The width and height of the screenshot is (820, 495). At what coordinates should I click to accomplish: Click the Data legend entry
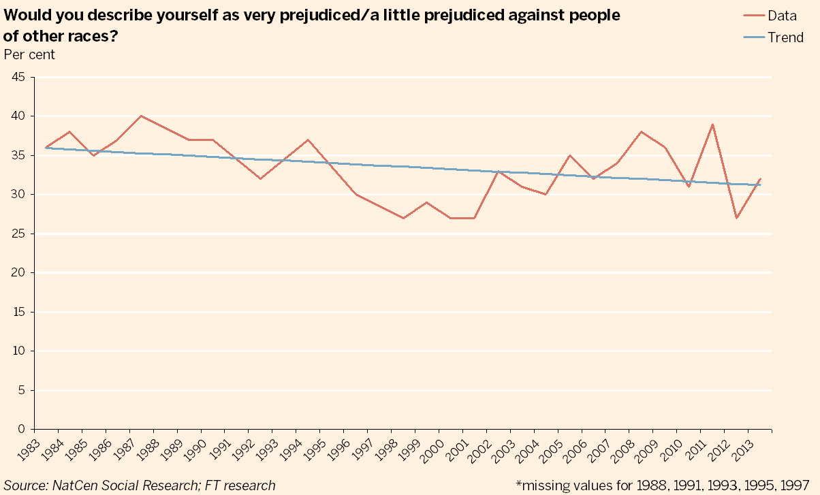point(782,16)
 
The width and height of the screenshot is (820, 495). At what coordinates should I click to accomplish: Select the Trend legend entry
point(785,37)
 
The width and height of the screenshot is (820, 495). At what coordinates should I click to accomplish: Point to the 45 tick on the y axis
point(18,77)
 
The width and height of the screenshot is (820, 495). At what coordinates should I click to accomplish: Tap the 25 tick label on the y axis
point(18,234)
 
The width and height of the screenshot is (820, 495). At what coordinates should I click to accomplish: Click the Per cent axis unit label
point(29,54)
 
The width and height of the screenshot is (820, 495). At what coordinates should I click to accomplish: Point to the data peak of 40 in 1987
point(141,116)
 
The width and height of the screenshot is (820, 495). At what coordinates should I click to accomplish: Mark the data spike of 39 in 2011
point(712,125)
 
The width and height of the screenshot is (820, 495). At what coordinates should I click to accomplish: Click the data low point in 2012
point(736,218)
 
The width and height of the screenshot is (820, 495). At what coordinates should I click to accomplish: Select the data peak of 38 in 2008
point(641,131)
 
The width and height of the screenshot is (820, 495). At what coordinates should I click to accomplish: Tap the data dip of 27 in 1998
point(403,218)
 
